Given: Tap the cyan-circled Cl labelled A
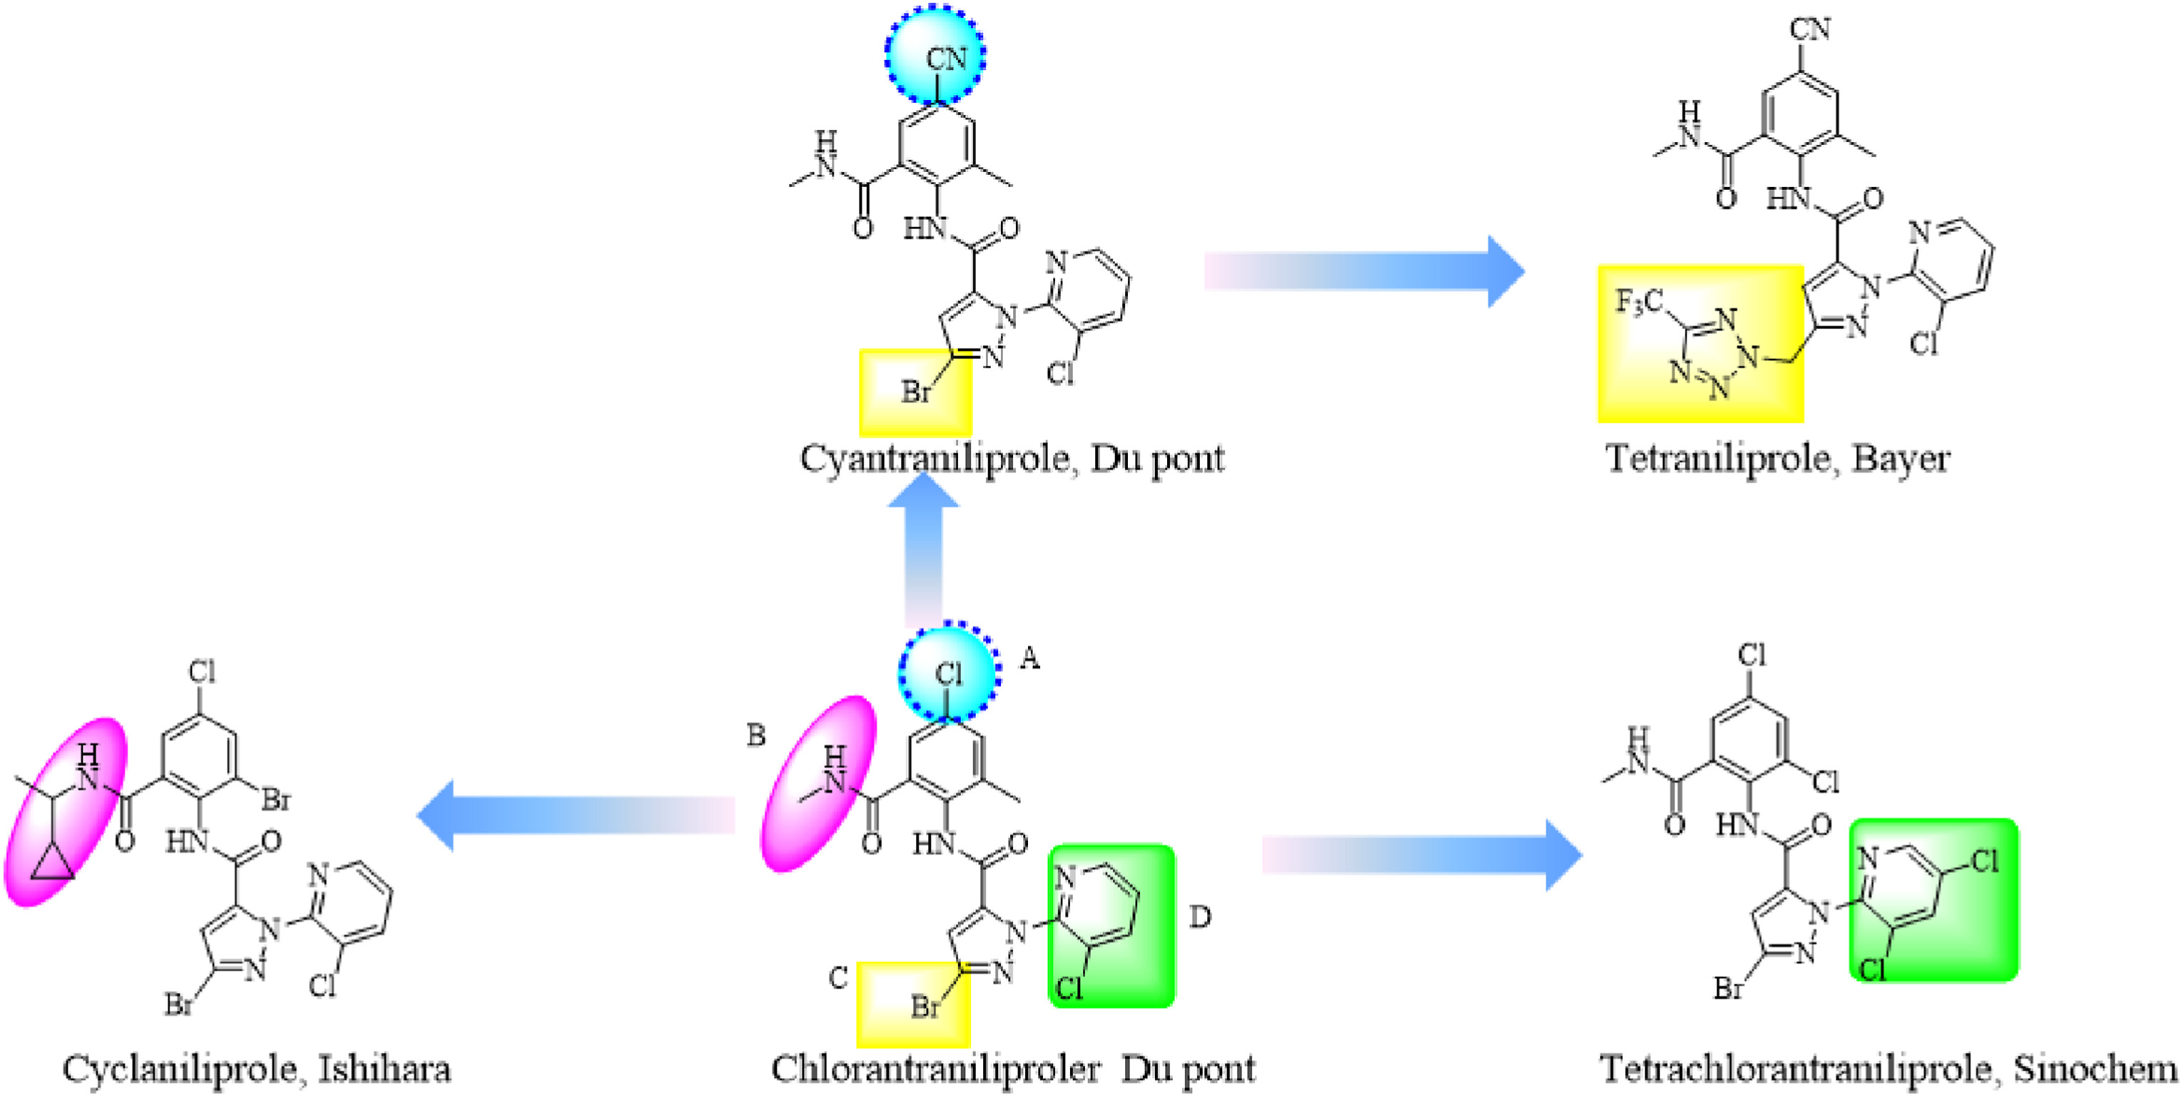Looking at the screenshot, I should click(948, 673).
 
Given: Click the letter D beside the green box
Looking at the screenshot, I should click(1200, 916).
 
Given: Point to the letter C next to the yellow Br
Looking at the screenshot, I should click(838, 979).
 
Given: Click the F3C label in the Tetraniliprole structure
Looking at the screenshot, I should click(1639, 302).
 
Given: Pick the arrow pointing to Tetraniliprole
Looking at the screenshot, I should click(1364, 271).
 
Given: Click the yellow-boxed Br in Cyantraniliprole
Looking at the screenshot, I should click(916, 392).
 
